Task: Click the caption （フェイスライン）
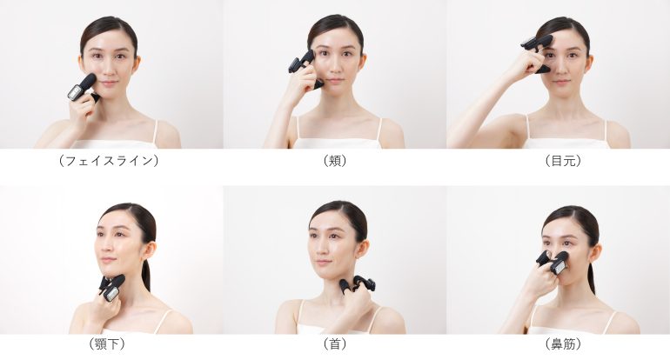[109, 161]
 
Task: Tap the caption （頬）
[335, 161]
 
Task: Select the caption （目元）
[563, 161]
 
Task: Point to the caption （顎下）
[107, 343]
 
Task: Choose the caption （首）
[335, 343]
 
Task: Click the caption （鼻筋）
[563, 343]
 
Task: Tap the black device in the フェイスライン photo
[83, 88]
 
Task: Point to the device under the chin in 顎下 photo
[112, 287]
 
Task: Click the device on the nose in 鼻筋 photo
[553, 262]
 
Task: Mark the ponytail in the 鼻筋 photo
[591, 277]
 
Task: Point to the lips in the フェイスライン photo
[109, 83]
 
